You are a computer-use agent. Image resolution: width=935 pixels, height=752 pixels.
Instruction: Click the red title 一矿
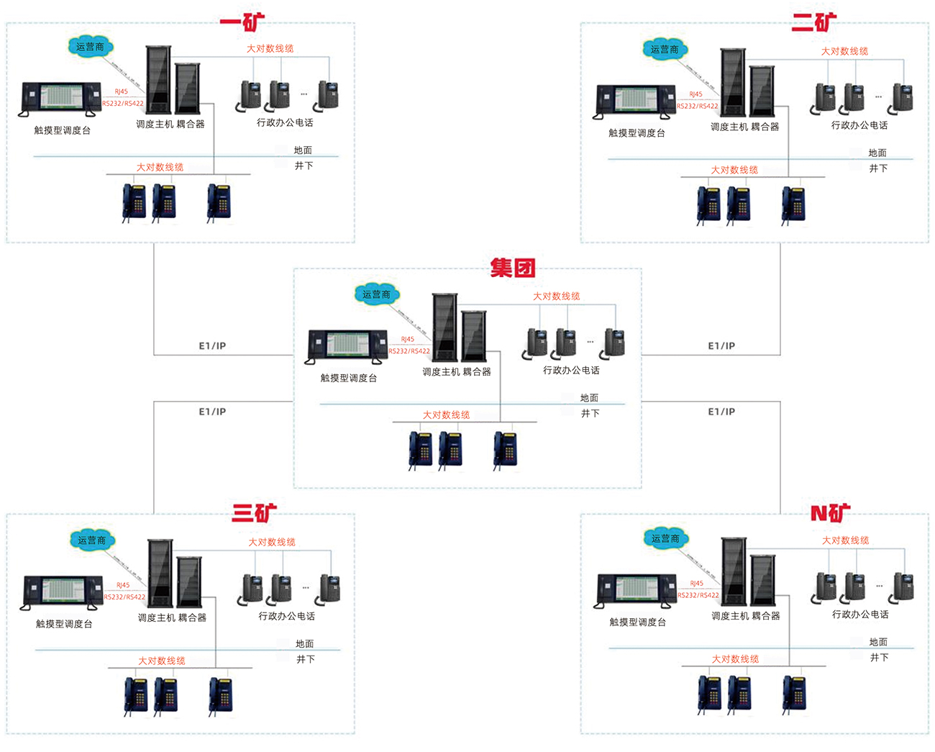242,22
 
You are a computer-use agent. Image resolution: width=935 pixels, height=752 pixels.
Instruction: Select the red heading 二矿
814,22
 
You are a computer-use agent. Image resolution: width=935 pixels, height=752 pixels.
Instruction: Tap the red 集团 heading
513,268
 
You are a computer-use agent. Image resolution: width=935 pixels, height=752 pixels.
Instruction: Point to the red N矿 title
830,513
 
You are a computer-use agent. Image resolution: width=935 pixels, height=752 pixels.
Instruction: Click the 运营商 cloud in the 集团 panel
376,294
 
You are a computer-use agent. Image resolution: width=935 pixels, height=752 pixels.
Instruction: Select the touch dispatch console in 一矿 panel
61,99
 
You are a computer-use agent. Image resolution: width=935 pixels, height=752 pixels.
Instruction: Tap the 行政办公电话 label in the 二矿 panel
859,125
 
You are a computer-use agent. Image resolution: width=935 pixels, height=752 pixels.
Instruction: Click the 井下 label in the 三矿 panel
306,659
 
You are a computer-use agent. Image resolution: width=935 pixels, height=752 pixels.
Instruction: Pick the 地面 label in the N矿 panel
878,642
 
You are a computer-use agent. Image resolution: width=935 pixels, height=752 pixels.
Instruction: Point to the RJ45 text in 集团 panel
408,339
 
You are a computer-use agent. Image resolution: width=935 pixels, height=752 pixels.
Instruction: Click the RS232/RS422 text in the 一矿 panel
123,104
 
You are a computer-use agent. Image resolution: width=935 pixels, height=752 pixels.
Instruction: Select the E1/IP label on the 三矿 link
212,412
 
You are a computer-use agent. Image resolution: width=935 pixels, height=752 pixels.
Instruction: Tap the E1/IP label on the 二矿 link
721,346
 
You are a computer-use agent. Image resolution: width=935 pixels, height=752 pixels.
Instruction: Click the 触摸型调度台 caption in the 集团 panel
349,378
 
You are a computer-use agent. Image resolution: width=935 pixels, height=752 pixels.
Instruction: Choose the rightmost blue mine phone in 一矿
219,201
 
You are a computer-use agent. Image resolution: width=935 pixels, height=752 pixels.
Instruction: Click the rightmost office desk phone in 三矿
329,588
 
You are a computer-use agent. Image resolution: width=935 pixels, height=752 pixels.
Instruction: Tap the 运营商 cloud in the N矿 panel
665,538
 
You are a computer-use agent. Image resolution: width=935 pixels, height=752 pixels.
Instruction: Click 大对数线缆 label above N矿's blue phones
735,659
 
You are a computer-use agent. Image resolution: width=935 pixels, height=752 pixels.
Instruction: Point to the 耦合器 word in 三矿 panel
192,617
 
